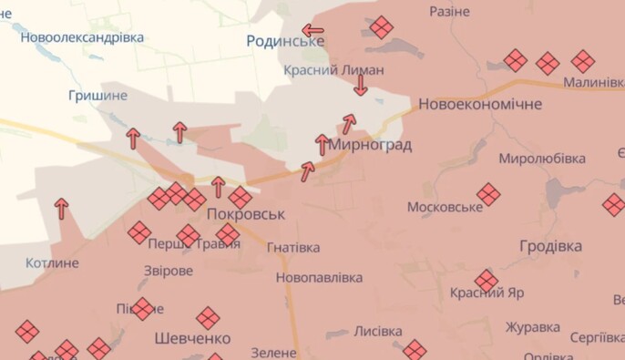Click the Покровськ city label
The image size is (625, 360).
point(246,214)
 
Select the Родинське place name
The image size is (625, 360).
point(285,41)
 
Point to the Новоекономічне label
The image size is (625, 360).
point(480,105)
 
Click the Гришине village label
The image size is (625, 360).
point(97,94)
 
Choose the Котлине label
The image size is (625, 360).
point(52,263)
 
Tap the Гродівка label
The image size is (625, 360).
point(550,247)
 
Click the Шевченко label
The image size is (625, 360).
point(192,338)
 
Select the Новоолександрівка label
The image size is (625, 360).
point(82,37)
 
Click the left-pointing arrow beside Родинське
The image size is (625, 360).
point(312,30)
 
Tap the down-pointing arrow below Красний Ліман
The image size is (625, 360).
point(361,86)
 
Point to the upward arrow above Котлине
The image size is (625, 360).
point(61,209)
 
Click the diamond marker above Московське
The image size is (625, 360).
point(489,194)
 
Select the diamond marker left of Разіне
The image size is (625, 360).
point(382,27)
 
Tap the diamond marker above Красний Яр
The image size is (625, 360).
point(487,281)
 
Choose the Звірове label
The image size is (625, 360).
point(169,272)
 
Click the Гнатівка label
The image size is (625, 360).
point(293,248)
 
